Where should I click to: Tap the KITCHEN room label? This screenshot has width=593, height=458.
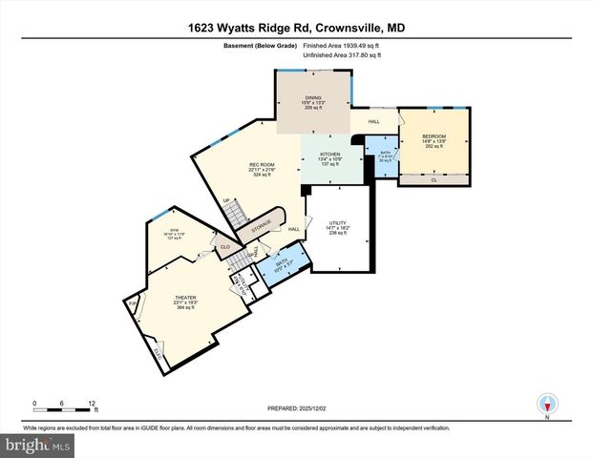click(329, 154)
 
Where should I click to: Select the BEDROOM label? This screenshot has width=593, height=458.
click(434, 136)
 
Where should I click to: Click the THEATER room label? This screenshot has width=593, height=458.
click(184, 298)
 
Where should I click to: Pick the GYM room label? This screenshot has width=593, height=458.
click(174, 231)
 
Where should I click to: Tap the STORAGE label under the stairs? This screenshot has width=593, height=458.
click(262, 224)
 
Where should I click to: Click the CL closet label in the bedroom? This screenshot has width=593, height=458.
click(434, 179)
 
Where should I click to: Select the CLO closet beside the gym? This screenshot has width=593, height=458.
click(225, 247)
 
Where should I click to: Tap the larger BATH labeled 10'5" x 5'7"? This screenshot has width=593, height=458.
click(283, 259)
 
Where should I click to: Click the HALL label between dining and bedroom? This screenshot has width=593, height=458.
click(374, 120)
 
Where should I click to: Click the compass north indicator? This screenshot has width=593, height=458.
click(547, 403)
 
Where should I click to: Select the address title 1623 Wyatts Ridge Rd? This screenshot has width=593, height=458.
click(296, 30)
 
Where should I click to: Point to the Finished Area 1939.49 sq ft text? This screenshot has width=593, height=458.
click(342, 46)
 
